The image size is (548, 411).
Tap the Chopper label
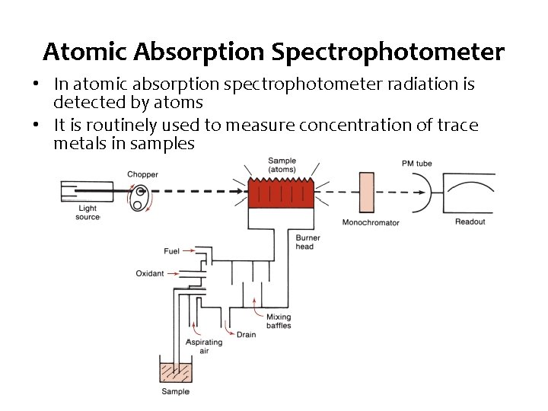[142, 174]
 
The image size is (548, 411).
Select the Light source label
[88, 213]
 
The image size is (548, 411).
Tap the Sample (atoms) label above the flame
[282, 165]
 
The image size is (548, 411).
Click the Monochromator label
[371, 223]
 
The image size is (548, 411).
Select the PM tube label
[416, 164]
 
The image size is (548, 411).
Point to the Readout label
[470, 221]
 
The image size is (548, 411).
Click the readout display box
[469, 193]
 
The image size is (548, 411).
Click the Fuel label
[172, 251]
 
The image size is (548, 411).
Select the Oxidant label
[150, 273]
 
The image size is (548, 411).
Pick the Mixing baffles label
[279, 321]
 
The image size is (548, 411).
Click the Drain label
[246, 334]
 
